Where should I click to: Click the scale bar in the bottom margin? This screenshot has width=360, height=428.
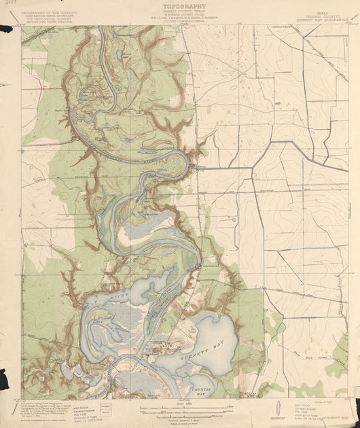click(x=181, y=408)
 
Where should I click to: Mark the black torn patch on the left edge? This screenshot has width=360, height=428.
click(x=6, y=29)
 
